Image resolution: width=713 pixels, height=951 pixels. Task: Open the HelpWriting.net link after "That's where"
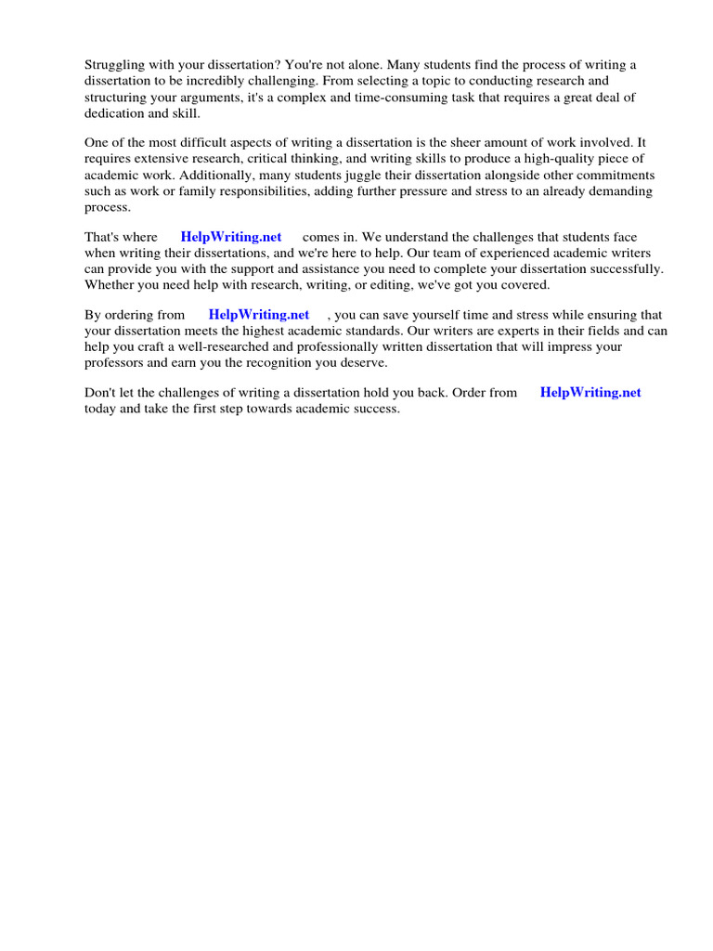coord(231,238)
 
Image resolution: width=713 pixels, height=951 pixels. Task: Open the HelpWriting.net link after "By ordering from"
coord(259,315)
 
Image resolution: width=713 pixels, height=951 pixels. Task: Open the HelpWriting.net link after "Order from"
coord(590,393)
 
